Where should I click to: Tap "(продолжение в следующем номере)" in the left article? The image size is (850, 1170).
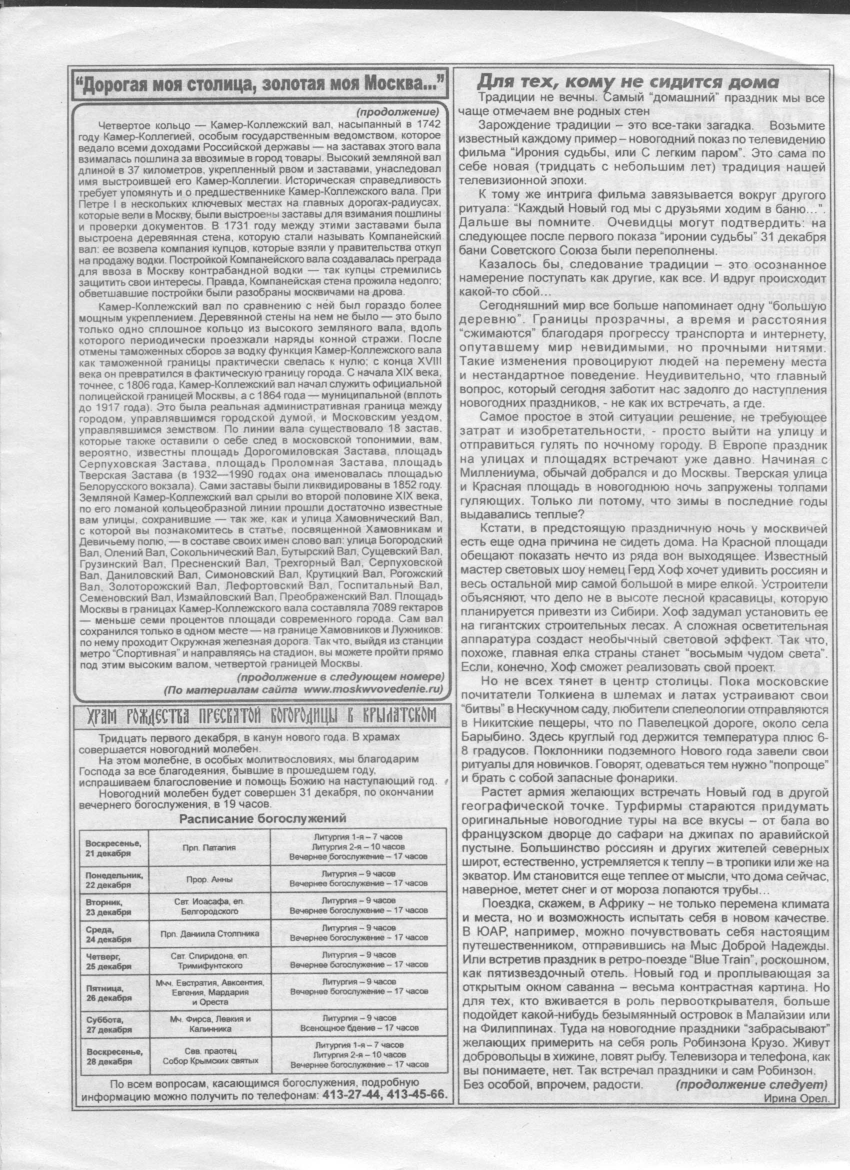(340, 676)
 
